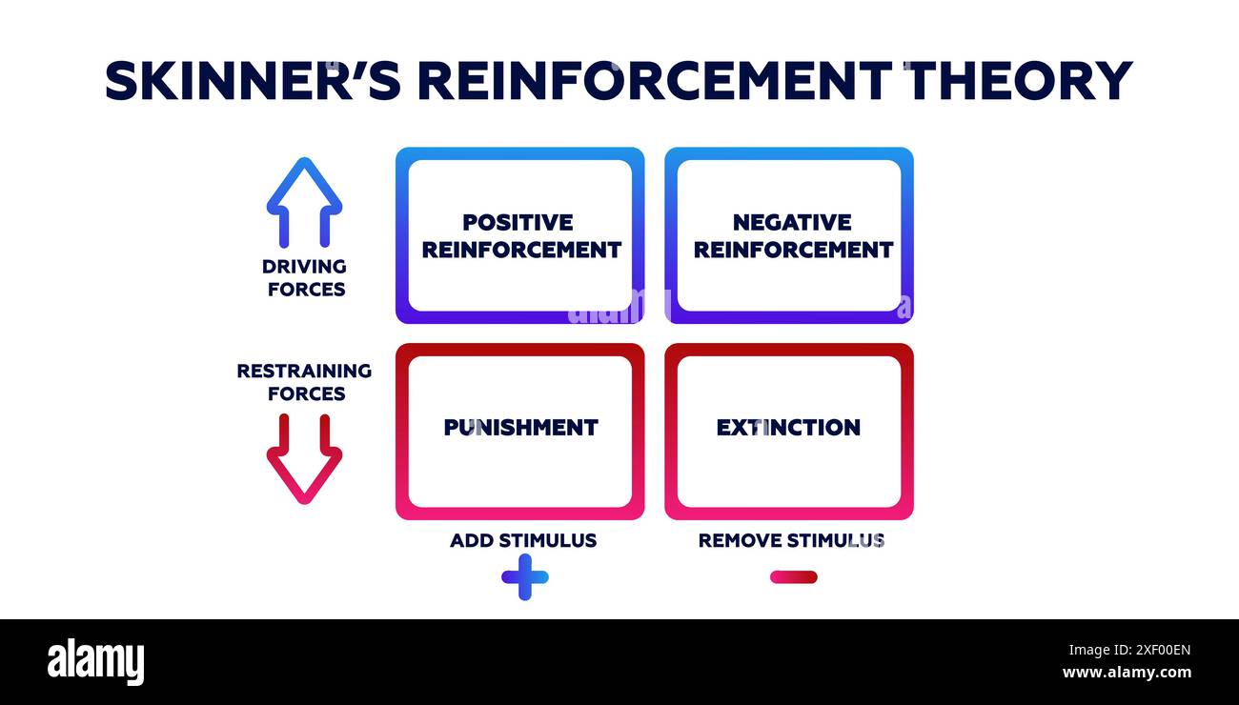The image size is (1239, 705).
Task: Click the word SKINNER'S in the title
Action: (x=253, y=81)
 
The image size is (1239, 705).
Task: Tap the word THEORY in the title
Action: (x=1018, y=81)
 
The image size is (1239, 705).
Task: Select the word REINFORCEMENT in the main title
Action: (x=654, y=81)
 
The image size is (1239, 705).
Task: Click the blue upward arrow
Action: (x=304, y=201)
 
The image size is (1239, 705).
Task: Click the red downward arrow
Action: (x=304, y=459)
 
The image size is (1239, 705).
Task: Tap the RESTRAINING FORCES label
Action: (x=305, y=382)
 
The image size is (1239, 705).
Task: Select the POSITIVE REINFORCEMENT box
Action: (x=520, y=235)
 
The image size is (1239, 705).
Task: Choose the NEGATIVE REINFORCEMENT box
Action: (x=789, y=235)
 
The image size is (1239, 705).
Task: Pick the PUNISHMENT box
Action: (x=520, y=431)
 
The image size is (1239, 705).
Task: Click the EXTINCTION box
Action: (x=789, y=431)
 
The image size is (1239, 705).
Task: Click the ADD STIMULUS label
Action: (x=523, y=541)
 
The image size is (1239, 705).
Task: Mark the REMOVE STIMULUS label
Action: (x=791, y=541)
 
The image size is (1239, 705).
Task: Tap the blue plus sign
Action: (x=524, y=576)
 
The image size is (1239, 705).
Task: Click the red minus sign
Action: (x=793, y=576)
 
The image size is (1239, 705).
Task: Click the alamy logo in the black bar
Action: (x=95, y=662)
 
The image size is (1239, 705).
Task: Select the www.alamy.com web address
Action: (x=1126, y=673)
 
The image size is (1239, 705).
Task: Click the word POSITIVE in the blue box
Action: (x=518, y=222)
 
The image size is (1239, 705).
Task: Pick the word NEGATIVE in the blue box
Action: (x=791, y=222)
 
